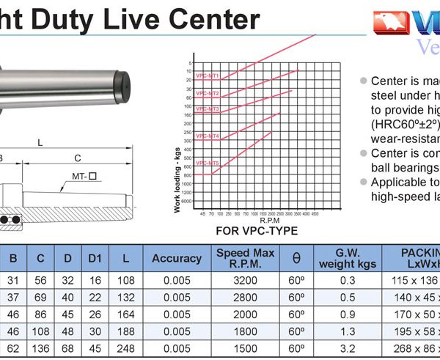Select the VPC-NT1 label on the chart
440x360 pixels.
pyautogui.click(x=208, y=76)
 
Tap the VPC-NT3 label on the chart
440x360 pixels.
pyautogui.click(x=208, y=109)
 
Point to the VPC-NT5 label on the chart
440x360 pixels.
pyautogui.click(x=208, y=163)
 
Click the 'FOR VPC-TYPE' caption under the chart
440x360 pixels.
pyautogui.click(x=257, y=230)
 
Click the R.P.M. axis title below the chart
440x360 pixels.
pyautogui.click(x=268, y=219)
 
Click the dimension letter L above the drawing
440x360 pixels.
pyautogui.click(x=40, y=142)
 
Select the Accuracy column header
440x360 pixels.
pyautogui.click(x=177, y=258)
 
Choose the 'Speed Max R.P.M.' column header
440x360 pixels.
pyautogui.click(x=246, y=258)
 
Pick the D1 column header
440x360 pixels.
pyautogui.click(x=95, y=258)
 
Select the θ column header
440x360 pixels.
pyautogui.click(x=296, y=258)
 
